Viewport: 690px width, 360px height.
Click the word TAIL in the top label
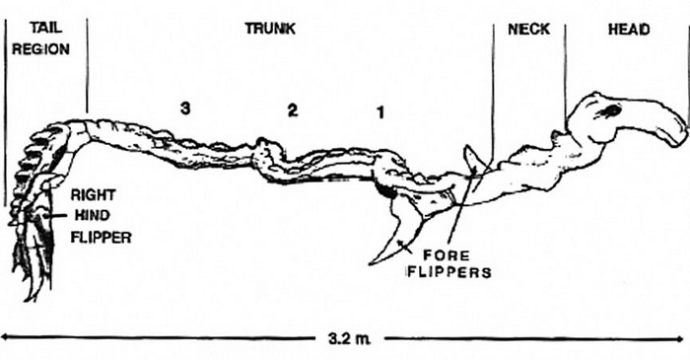46,29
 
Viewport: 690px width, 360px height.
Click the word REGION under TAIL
40,49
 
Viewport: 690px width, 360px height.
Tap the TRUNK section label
270,29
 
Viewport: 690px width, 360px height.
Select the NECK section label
528,29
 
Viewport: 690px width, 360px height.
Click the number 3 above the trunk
185,108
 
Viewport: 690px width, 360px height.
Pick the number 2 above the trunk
293,110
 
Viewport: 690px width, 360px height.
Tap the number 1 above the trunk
380,113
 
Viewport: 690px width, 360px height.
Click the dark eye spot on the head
609,111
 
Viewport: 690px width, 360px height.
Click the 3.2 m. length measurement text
349,339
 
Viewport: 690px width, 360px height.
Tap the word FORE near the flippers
446,254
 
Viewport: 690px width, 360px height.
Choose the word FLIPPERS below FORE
448,272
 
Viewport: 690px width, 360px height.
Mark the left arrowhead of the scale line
4,337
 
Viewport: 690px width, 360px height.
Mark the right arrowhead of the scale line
684,338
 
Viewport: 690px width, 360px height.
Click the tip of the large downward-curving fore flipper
370,263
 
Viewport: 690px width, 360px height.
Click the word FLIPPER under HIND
102,238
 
